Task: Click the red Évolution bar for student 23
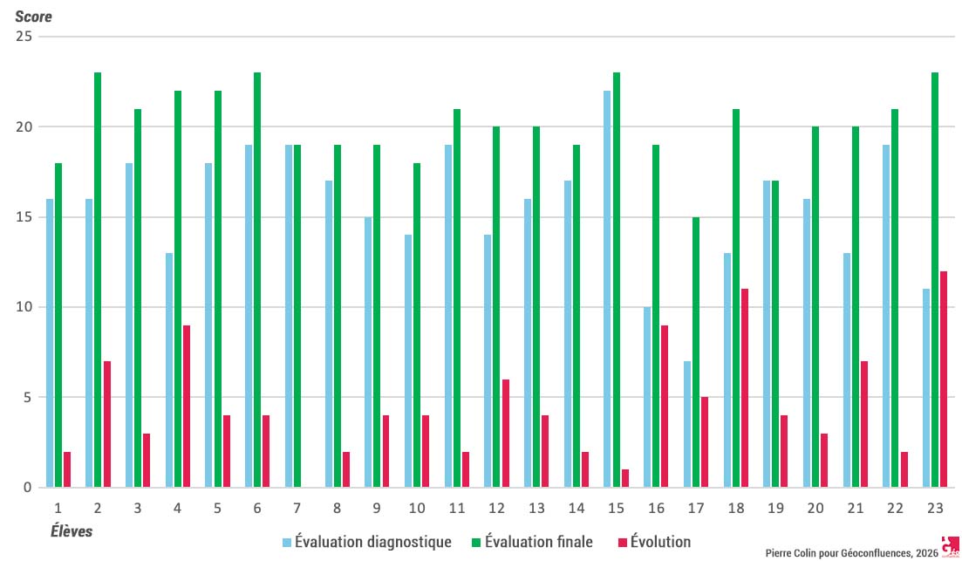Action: coord(944,380)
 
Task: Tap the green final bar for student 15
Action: coord(617,280)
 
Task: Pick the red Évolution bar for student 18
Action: coord(744,388)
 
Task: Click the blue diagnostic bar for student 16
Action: coord(648,397)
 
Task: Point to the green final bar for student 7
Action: coord(297,317)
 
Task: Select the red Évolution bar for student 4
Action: coord(187,407)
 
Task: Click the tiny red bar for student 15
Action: coord(625,478)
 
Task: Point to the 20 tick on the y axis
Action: coord(26,127)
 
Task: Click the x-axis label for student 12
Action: coord(496,507)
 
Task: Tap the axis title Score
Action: coord(33,17)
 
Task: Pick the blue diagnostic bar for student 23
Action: coord(926,388)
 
